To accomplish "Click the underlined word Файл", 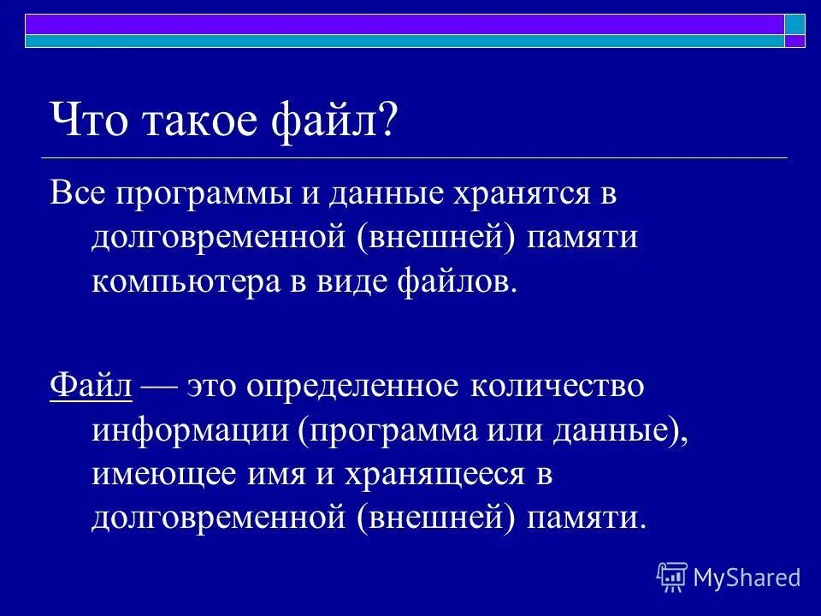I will point(91,386).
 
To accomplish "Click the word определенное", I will point(355,387).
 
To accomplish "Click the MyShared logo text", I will point(746,577).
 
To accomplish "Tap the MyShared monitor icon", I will point(672,577).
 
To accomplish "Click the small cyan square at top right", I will point(795,24).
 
